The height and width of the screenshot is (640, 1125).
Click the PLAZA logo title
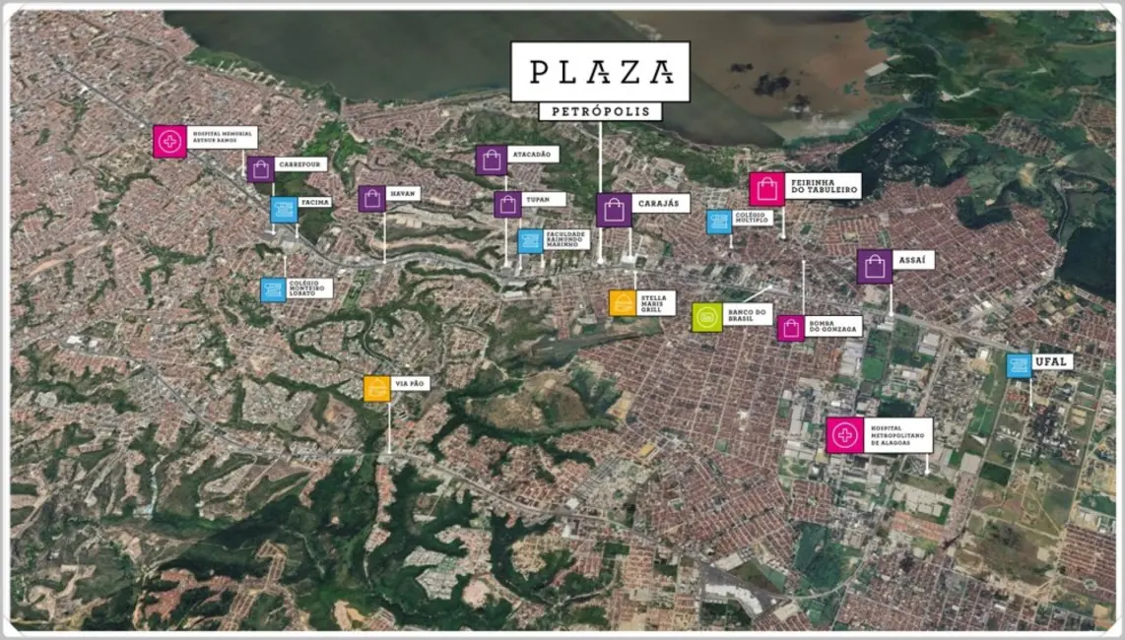(x=600, y=71)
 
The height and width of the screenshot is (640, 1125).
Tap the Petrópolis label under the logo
(x=600, y=111)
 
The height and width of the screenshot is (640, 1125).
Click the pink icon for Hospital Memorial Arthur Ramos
(x=169, y=141)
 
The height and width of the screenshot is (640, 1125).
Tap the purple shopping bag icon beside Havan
(x=371, y=199)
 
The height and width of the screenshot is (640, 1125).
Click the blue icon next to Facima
(x=284, y=210)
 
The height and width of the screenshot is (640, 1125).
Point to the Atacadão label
(x=534, y=155)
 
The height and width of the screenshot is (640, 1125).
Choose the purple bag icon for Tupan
(x=507, y=204)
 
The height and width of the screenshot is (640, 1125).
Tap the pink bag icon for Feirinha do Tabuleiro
(x=766, y=189)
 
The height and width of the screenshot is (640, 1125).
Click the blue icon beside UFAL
(x=1019, y=365)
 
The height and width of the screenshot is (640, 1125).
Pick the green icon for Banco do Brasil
(x=707, y=317)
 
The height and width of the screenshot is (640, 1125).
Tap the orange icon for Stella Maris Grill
(x=622, y=303)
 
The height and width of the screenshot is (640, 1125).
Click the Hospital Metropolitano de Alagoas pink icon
(x=844, y=434)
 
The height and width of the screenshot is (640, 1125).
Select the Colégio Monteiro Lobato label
(x=309, y=288)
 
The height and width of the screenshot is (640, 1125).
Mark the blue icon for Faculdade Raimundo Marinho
(x=530, y=241)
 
